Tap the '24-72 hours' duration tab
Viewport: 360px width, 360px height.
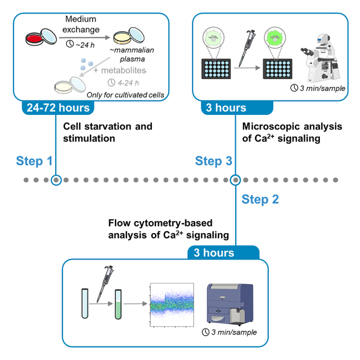tap(58, 108)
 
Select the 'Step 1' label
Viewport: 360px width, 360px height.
tap(34, 160)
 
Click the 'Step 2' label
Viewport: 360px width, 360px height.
tap(260, 199)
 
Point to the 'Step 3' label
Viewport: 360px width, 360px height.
tap(214, 160)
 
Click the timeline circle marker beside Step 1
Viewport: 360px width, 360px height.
tap(56, 180)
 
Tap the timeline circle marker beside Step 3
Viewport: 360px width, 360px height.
tap(235, 180)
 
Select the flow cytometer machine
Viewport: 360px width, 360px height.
tap(230, 304)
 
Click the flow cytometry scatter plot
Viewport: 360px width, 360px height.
tap(172, 305)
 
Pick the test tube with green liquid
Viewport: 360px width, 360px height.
tap(118, 304)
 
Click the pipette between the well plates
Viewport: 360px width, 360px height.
tap(247, 48)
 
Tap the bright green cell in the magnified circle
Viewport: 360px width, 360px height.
tap(275, 37)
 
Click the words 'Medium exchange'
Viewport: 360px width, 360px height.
tap(81, 24)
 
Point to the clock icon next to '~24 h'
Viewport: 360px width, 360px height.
tap(70, 43)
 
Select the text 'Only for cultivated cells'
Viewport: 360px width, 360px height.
tap(125, 95)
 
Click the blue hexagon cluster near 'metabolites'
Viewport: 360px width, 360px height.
tap(87, 64)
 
